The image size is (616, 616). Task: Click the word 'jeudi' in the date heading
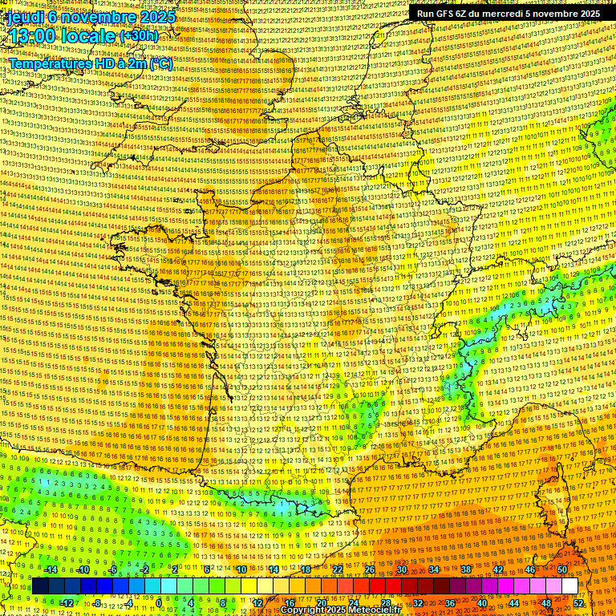25,16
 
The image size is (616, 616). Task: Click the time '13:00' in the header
35,35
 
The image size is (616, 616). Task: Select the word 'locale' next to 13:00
91,35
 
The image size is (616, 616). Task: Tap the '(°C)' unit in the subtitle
160,63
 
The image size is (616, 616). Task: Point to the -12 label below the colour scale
67,603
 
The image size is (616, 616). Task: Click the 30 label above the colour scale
401,569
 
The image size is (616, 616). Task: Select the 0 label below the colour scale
160,603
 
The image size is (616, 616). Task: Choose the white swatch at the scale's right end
569,586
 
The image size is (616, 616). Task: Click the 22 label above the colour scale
337,569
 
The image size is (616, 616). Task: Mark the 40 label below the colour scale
482,603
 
